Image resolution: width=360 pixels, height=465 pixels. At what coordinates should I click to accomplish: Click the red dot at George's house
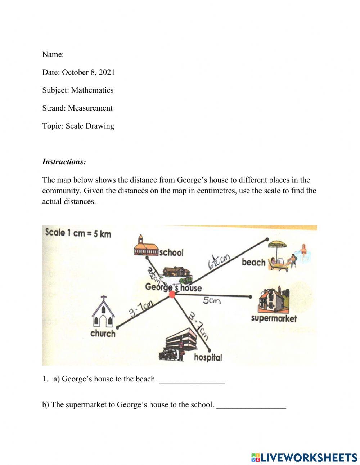point(172,294)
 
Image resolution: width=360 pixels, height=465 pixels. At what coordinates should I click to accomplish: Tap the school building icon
point(146,246)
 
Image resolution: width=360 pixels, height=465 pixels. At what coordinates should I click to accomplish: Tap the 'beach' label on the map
point(253,262)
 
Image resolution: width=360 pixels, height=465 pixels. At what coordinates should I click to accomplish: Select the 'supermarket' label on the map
point(274,318)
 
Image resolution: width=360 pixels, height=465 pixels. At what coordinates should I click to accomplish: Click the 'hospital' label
point(208,357)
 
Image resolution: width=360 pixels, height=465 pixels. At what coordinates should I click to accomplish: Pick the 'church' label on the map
point(103,334)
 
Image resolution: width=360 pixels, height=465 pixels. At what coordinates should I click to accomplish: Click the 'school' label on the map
point(171,252)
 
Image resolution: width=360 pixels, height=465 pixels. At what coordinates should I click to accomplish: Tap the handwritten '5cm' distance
point(211,301)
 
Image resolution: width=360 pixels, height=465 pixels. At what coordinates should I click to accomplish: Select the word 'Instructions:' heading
point(64,162)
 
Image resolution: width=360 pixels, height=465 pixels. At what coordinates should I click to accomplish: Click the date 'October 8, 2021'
point(88,72)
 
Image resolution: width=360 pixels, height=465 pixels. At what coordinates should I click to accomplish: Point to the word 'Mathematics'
point(92,90)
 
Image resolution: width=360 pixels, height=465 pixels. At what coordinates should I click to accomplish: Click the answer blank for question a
point(192,380)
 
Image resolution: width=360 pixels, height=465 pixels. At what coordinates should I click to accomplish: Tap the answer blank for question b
point(251,405)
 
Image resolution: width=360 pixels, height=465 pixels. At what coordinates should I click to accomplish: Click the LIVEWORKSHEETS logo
point(304,457)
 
